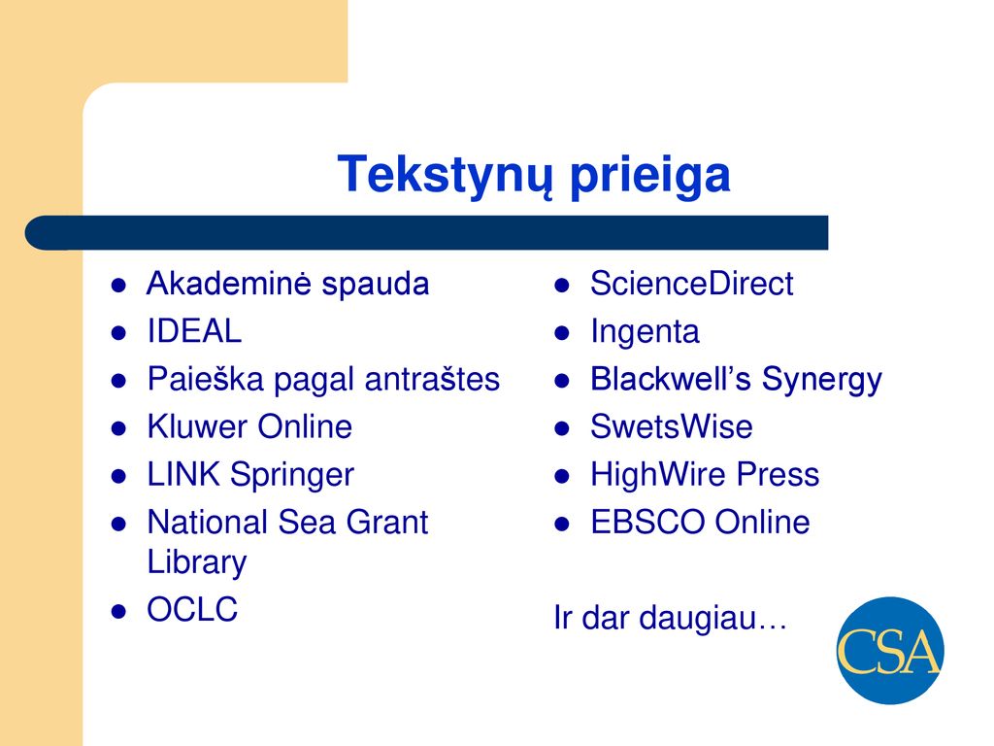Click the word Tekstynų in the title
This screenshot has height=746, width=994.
(x=445, y=176)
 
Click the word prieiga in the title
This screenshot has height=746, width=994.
(x=650, y=176)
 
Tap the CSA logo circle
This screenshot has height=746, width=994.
(x=890, y=650)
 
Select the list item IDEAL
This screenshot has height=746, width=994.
(x=194, y=331)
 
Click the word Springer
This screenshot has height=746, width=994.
(x=291, y=476)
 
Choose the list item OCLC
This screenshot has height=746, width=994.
(x=192, y=609)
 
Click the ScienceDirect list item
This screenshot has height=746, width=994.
(x=691, y=284)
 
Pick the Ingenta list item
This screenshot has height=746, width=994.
(x=645, y=332)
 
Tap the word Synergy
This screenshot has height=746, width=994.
(x=821, y=381)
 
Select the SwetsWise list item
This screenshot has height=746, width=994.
(x=672, y=426)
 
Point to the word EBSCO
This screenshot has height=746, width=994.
(x=647, y=522)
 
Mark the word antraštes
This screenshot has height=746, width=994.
(x=432, y=380)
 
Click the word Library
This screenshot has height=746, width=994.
(x=196, y=562)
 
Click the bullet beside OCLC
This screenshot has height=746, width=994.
(x=118, y=612)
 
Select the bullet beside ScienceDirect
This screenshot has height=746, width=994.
(x=562, y=286)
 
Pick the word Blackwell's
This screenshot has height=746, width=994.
(x=671, y=379)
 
